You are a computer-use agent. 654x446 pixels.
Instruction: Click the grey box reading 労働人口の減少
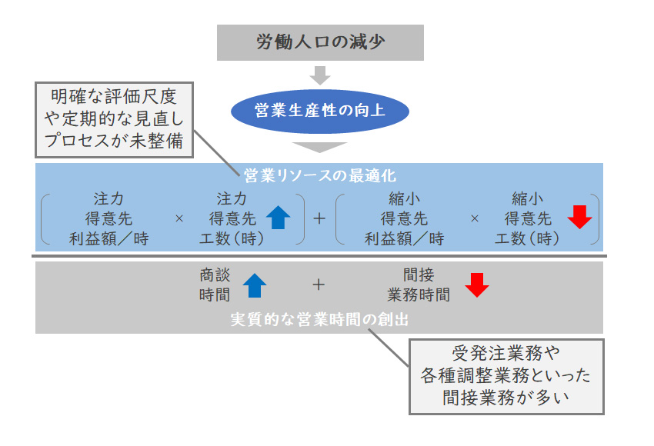pyautogui.click(x=320, y=42)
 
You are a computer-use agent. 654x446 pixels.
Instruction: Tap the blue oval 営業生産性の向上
pyautogui.click(x=320, y=112)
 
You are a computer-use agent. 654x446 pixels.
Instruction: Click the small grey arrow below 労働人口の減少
pyautogui.click(x=320, y=75)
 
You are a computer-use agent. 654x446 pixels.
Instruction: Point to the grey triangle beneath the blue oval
pyautogui.click(x=320, y=147)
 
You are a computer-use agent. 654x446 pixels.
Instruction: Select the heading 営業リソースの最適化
pyautogui.click(x=319, y=175)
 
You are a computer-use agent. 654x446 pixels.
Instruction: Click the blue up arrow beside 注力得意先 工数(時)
pyautogui.click(x=279, y=218)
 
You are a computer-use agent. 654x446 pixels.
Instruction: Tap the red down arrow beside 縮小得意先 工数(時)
pyautogui.click(x=579, y=218)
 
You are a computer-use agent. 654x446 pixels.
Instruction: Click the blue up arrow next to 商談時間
pyautogui.click(x=255, y=285)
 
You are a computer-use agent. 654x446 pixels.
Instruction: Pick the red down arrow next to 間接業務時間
pyautogui.click(x=477, y=285)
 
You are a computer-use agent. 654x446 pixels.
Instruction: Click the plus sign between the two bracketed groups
pyautogui.click(x=319, y=218)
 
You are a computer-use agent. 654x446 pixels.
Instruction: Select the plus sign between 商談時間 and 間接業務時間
pyautogui.click(x=319, y=285)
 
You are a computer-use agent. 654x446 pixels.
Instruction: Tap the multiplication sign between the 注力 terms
pyautogui.click(x=179, y=219)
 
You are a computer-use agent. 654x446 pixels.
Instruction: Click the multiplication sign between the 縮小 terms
pyautogui.click(x=475, y=219)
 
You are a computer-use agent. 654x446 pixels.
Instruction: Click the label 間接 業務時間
pyautogui.click(x=419, y=285)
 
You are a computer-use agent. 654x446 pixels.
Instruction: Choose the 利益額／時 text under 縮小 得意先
pyautogui.click(x=404, y=238)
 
